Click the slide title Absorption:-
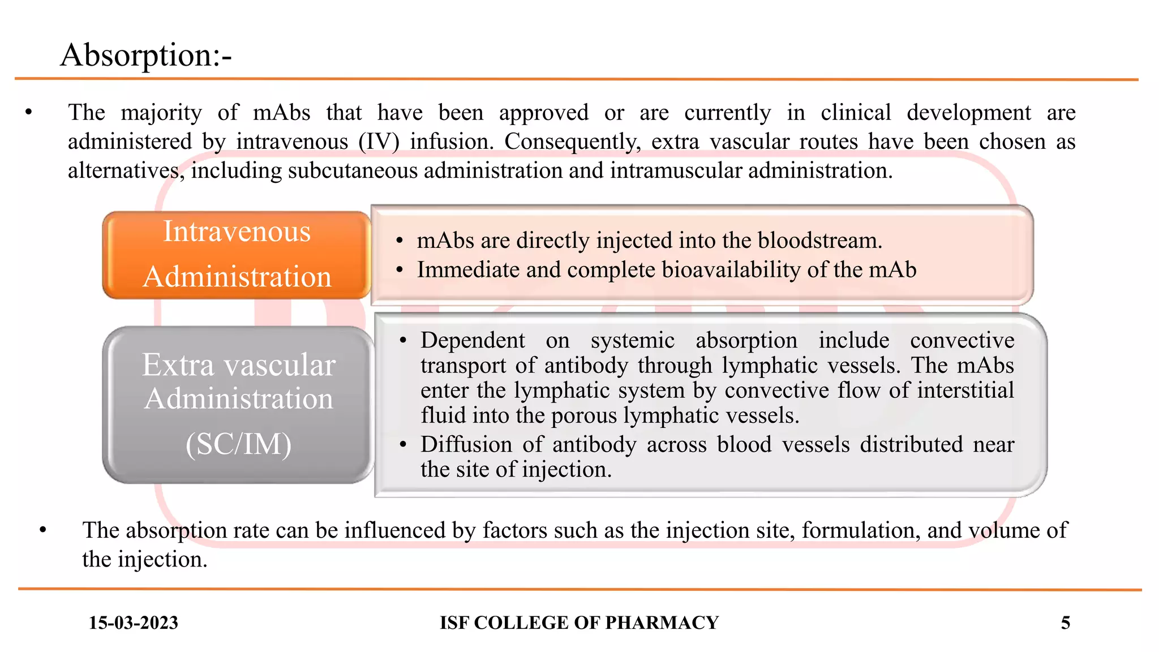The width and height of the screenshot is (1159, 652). (x=146, y=55)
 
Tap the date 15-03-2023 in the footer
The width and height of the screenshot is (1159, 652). (x=133, y=623)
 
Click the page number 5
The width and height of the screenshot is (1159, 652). (x=1065, y=623)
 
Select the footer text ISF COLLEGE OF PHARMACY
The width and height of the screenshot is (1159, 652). (x=579, y=623)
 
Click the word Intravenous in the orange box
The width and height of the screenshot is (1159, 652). (x=237, y=231)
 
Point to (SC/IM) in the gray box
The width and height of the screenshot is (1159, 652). (x=238, y=444)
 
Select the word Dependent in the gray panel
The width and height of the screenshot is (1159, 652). (x=473, y=340)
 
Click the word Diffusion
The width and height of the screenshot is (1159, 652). (x=466, y=444)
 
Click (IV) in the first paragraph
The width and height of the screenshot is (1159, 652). (x=379, y=141)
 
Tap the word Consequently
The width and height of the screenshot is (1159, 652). (x=572, y=141)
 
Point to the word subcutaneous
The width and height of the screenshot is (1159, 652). (x=353, y=170)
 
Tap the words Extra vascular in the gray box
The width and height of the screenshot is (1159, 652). (x=238, y=364)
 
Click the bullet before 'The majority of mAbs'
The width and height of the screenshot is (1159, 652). (x=29, y=113)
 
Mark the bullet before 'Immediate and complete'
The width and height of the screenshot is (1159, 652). (x=400, y=270)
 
